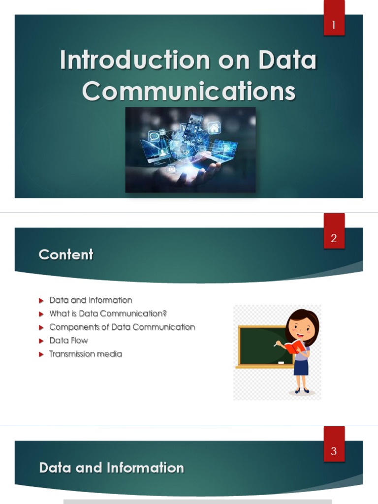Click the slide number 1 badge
(334, 18)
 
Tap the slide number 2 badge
(334, 231)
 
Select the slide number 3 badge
(334, 444)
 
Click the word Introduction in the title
(135, 60)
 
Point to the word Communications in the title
(189, 91)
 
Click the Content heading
(66, 254)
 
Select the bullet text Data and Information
(91, 300)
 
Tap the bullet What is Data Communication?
(108, 314)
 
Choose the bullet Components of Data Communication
(122, 327)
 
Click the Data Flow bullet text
(68, 341)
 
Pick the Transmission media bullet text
(86, 354)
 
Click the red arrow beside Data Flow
(41, 341)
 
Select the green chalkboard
(264, 346)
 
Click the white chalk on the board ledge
(281, 363)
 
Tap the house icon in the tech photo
(214, 127)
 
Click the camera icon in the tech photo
(172, 169)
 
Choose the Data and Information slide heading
(112, 468)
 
